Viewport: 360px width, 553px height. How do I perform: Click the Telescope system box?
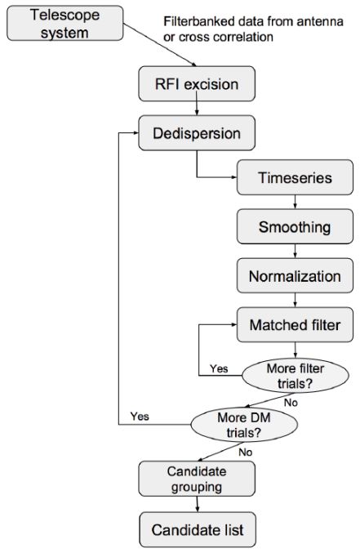tap(65, 23)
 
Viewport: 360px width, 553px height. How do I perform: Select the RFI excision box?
tap(197, 84)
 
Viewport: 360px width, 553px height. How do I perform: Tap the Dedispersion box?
tap(197, 133)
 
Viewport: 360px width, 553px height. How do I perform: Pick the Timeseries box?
tap(295, 177)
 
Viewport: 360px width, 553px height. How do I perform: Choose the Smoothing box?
tap(295, 226)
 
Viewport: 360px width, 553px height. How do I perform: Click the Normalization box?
tap(295, 276)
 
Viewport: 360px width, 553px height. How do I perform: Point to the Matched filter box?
tap(295, 325)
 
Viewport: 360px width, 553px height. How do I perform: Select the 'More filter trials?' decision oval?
tap(296, 376)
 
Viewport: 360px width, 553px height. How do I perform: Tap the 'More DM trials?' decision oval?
tap(244, 425)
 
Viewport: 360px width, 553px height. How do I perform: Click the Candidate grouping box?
tap(197, 479)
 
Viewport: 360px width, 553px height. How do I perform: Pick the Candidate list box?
tap(198, 530)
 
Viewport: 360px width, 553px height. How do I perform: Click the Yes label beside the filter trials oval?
tap(219, 369)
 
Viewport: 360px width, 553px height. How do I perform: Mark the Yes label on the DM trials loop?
tap(140, 417)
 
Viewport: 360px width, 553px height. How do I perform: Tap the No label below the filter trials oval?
tap(291, 403)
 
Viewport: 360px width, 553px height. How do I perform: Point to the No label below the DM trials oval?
tap(246, 453)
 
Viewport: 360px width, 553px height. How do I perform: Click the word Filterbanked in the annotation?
tap(198, 21)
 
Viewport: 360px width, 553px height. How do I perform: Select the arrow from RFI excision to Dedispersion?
tap(197, 109)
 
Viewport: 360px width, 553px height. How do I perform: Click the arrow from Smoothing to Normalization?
tap(296, 251)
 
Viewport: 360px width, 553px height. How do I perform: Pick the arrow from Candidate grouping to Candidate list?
tap(197, 504)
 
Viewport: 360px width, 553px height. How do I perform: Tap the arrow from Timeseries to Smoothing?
tap(296, 202)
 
